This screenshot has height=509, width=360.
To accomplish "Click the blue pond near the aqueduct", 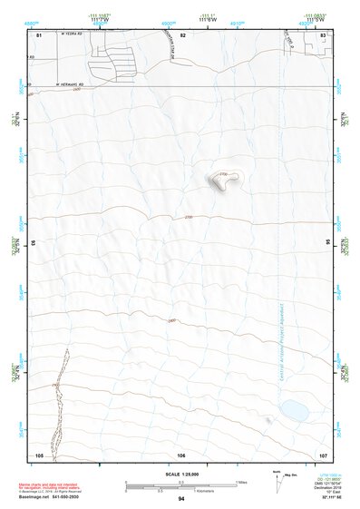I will coord(293,410).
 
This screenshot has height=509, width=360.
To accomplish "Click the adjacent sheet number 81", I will coord(38,34).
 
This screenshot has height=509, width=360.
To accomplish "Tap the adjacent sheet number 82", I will coord(182,34).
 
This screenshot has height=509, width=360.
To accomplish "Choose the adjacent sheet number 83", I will coord(323,34).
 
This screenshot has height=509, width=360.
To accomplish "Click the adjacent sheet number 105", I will coord(39,455).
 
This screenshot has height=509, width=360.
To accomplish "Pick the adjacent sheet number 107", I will coord(322,455).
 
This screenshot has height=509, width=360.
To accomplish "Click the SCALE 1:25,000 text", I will coord(180,474).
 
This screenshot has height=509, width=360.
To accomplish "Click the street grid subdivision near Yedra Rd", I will coord(113,64).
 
